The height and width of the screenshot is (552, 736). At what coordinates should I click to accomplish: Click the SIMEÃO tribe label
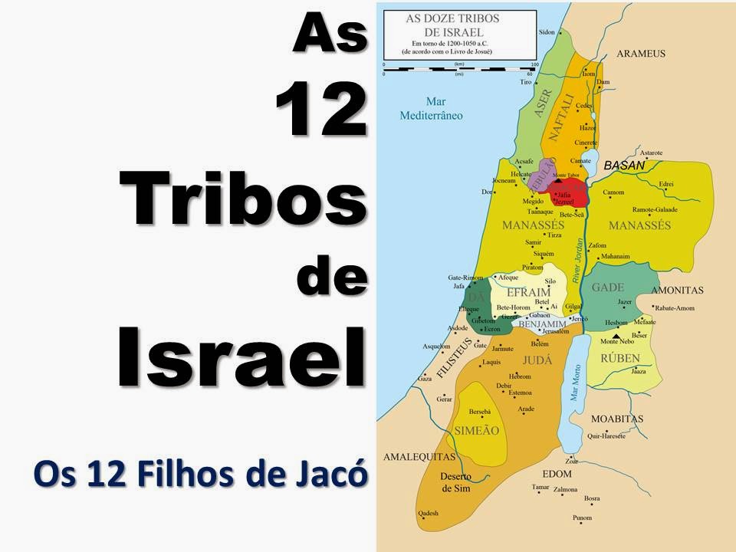[477, 430]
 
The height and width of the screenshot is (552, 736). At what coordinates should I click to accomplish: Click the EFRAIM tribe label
[529, 294]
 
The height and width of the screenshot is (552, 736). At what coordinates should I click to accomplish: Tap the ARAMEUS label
[641, 54]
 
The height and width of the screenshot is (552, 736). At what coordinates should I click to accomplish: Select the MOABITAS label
[617, 419]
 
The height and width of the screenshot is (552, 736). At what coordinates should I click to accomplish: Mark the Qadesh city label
[428, 513]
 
